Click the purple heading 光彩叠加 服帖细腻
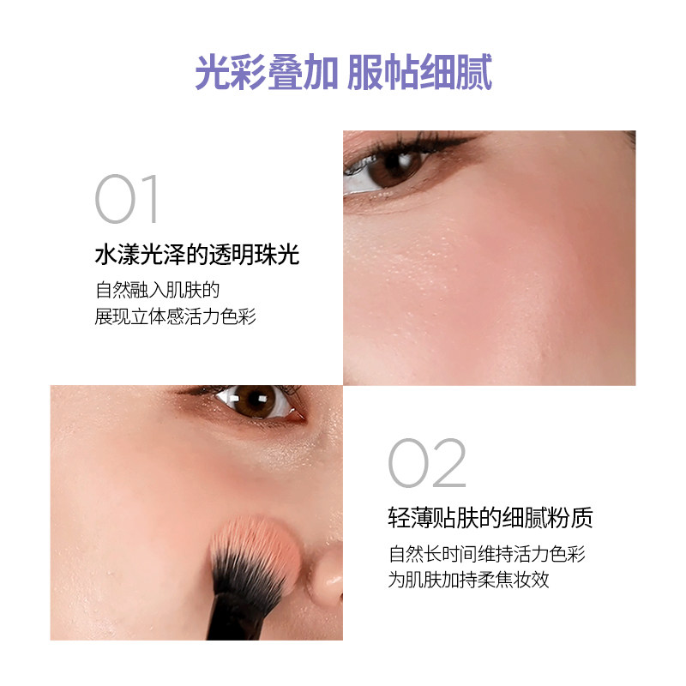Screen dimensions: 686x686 pyautogui.click(x=343, y=73)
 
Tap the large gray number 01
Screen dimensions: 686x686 pyautogui.click(x=128, y=201)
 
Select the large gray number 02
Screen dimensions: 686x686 pyautogui.click(x=426, y=463)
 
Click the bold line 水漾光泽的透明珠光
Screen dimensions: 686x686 pyautogui.click(x=196, y=256)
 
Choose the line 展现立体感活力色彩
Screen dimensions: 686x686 pyautogui.click(x=176, y=316)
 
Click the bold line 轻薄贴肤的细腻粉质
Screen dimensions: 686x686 pyautogui.click(x=490, y=518)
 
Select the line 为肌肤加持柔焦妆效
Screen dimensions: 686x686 pyautogui.click(x=468, y=580)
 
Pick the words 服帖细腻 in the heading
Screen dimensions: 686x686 pyautogui.click(x=419, y=73)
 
